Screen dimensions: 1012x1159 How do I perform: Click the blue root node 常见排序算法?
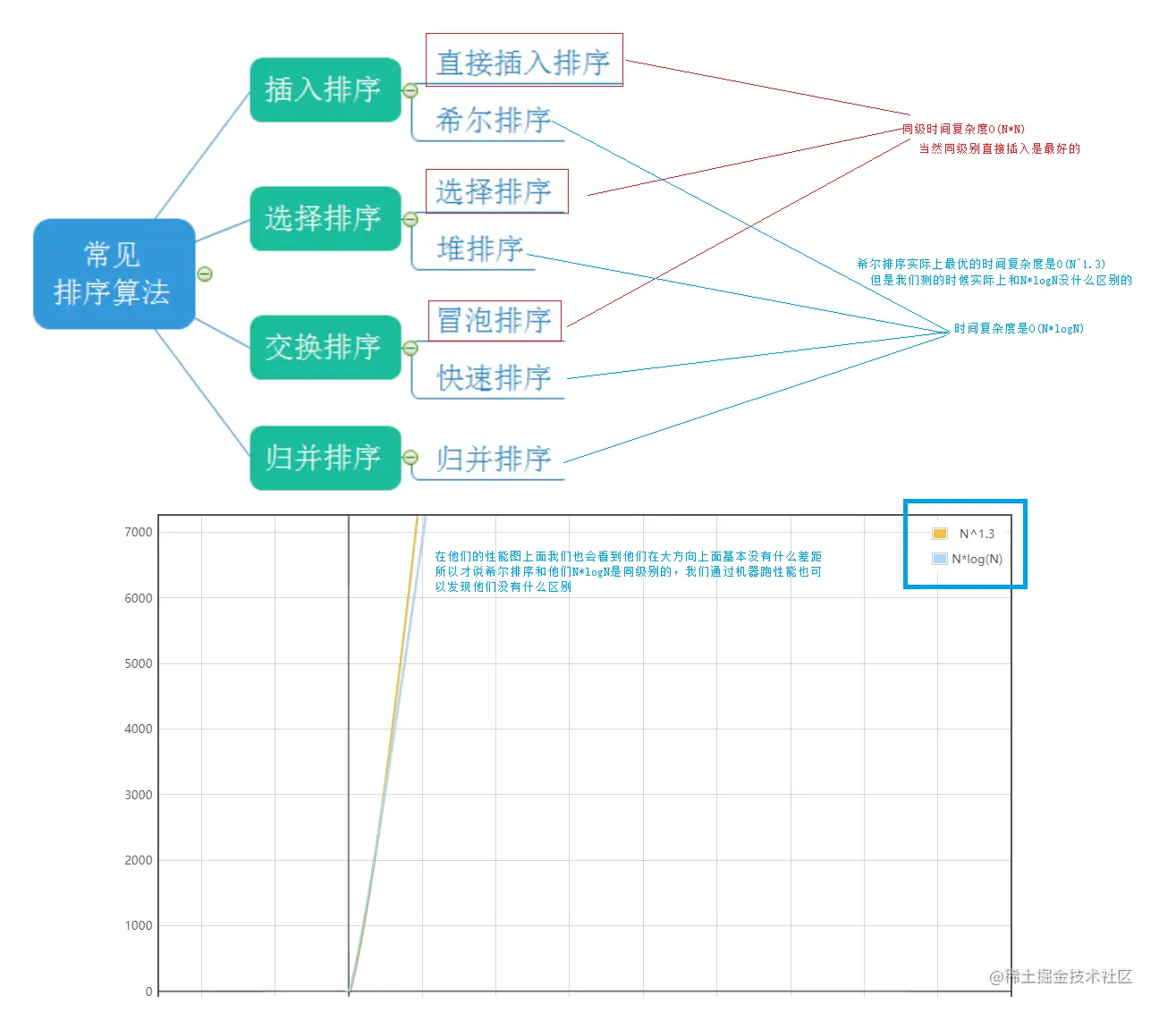coord(114,274)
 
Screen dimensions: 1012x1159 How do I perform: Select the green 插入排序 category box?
coord(325,89)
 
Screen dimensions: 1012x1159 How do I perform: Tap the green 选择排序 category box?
coord(325,218)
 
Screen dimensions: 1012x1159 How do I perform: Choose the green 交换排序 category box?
coord(325,347)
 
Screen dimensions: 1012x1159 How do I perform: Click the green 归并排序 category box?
coord(325,458)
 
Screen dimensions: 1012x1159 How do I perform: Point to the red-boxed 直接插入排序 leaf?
coord(523,62)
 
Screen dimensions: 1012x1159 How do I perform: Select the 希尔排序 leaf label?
coord(493,120)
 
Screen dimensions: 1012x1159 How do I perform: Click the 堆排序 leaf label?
coord(479,249)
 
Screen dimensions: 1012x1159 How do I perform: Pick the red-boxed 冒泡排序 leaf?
coord(495,320)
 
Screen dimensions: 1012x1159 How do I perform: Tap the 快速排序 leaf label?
coord(493,377)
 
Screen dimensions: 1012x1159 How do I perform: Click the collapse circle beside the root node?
coord(205,274)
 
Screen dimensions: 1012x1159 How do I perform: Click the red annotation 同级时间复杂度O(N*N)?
coord(963,129)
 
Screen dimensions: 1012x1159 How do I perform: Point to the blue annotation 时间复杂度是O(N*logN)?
coord(1019,328)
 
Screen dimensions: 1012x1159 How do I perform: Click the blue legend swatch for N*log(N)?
coord(939,559)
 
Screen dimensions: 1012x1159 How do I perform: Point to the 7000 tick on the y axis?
coord(139,532)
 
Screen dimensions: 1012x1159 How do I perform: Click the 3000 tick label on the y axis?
coord(139,795)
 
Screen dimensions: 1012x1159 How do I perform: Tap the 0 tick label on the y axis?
coord(148,991)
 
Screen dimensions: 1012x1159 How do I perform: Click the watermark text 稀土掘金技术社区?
coord(1068,976)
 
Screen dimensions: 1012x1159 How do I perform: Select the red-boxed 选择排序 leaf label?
coord(495,191)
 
